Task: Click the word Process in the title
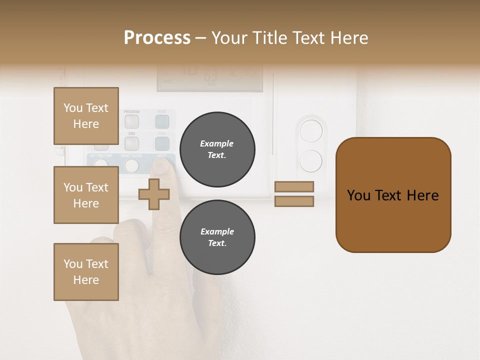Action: click(157, 37)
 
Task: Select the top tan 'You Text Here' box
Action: click(86, 116)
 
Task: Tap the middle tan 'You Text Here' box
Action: click(86, 195)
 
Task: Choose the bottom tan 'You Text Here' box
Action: click(86, 272)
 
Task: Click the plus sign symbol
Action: click(153, 194)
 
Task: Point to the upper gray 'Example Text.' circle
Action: click(217, 149)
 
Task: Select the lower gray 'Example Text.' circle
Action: click(217, 237)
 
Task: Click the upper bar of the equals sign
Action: click(294, 186)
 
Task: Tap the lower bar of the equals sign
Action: click(294, 201)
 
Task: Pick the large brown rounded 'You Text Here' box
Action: click(393, 195)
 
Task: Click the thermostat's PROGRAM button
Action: click(131, 121)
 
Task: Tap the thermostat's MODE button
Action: click(162, 121)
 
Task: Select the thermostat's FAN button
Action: click(162, 143)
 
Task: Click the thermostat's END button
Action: click(131, 143)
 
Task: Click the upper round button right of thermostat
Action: click(311, 131)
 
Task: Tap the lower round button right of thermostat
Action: click(311, 161)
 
